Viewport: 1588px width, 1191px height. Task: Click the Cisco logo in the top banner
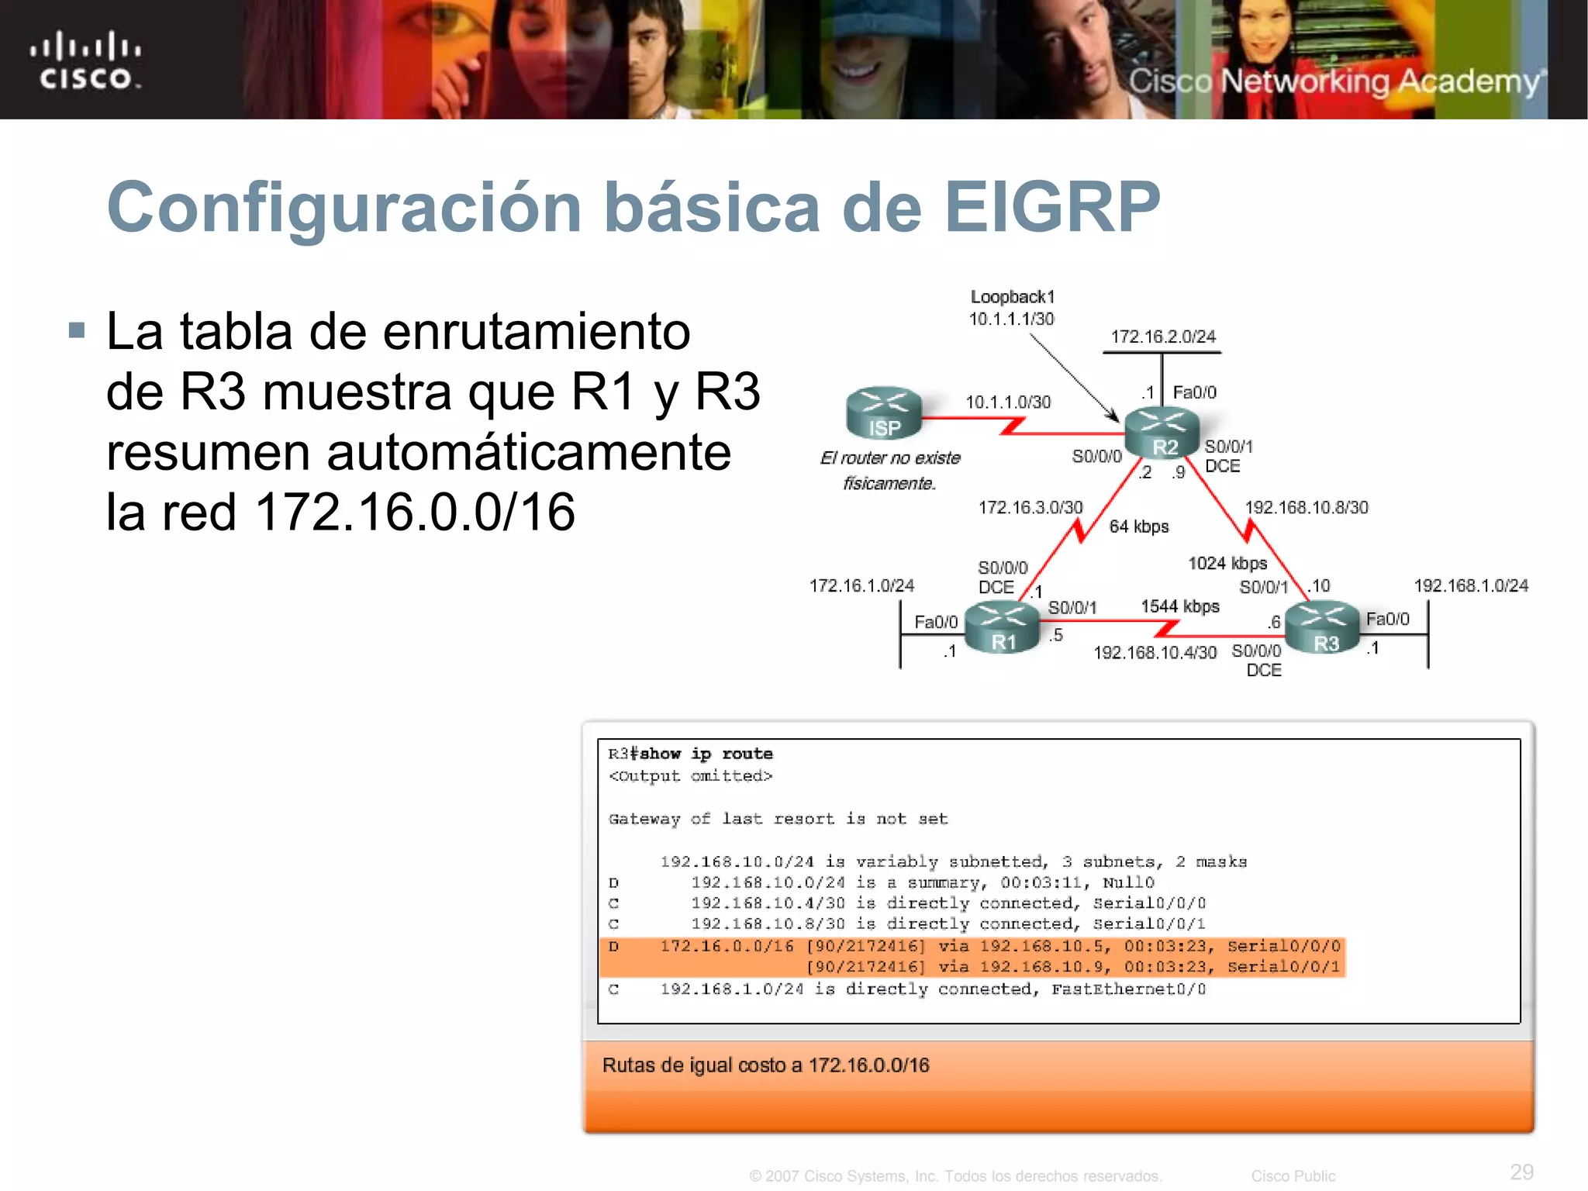coord(85,60)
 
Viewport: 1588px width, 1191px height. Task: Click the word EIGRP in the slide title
coord(1052,207)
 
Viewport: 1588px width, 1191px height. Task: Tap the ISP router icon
coord(884,413)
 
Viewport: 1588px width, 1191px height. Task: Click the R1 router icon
coord(1002,628)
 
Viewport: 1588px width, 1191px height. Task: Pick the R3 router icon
coord(1323,629)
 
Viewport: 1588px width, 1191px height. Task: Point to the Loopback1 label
coord(1013,297)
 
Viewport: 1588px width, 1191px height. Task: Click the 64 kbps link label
coord(1138,526)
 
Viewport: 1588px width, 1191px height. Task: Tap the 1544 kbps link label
coord(1179,606)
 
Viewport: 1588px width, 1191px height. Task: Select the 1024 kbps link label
coord(1227,563)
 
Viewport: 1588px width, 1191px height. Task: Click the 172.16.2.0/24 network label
coord(1162,337)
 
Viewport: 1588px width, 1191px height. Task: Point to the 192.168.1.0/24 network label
coord(1470,585)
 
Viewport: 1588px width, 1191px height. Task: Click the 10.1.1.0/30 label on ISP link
coord(1007,402)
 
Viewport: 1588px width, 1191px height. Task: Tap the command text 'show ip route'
coord(706,754)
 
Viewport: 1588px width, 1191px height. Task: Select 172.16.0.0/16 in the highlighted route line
coord(727,946)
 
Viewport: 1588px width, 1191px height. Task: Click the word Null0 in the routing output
coord(1128,882)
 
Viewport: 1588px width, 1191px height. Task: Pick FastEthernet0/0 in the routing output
coord(1128,989)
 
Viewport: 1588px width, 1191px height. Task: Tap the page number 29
coord(1521,1172)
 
